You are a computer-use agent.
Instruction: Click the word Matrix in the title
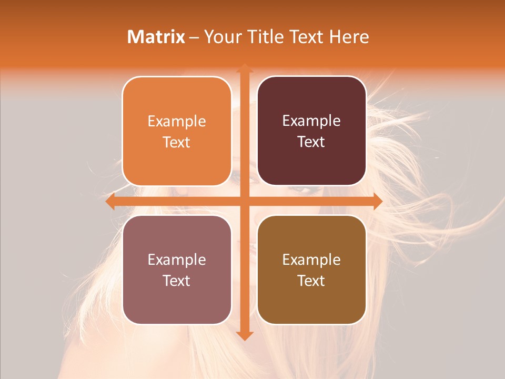(x=156, y=37)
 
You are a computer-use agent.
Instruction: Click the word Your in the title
(x=221, y=37)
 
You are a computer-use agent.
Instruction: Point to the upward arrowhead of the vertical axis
(x=244, y=68)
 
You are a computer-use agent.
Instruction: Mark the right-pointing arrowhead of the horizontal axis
(x=377, y=202)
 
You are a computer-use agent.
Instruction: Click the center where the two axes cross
(x=244, y=202)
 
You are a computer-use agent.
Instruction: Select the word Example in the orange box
(x=177, y=122)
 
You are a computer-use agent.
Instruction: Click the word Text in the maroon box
(x=311, y=142)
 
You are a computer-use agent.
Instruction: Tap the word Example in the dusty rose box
(x=177, y=260)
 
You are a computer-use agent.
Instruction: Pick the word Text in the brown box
(x=311, y=281)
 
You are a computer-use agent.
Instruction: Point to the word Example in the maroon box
(x=311, y=121)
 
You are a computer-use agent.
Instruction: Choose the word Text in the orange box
(x=177, y=142)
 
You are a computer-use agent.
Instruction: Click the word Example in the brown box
(x=311, y=260)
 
